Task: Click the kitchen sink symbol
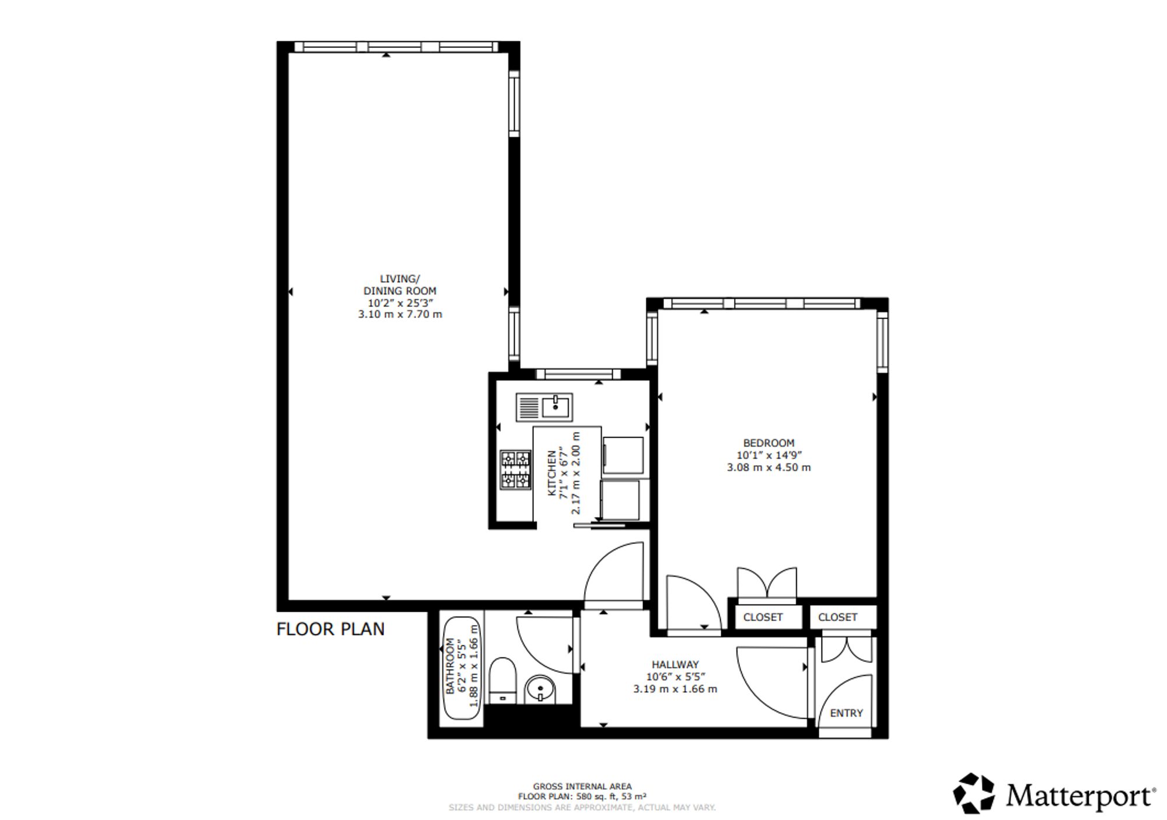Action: [x=544, y=407]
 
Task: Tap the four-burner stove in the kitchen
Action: [x=515, y=469]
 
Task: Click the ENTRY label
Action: [x=846, y=713]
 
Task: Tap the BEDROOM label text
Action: [x=768, y=443]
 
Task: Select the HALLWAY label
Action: [x=675, y=664]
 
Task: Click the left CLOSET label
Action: [x=763, y=617]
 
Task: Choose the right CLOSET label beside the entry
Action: [x=837, y=617]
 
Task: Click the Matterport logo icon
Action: [x=973, y=793]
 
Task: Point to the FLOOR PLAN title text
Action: [x=330, y=629]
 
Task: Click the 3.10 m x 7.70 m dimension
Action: [x=400, y=314]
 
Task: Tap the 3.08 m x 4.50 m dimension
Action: [x=768, y=467]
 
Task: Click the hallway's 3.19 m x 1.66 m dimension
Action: [x=675, y=689]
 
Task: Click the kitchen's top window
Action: [x=579, y=374]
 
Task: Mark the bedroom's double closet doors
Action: [x=767, y=583]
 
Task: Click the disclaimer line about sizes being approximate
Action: [x=582, y=808]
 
